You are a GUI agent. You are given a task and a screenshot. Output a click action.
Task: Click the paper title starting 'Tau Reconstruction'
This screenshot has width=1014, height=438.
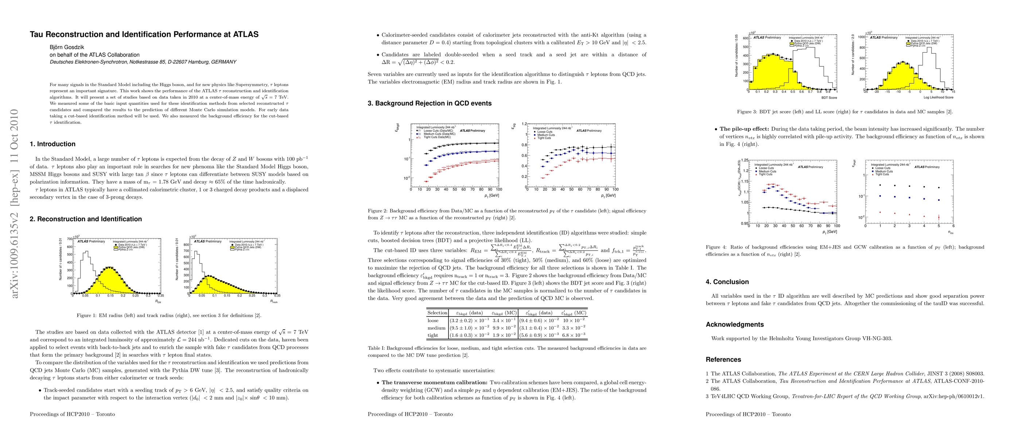coord(144,34)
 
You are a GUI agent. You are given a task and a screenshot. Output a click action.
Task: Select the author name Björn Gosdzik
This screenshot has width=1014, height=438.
coord(67,47)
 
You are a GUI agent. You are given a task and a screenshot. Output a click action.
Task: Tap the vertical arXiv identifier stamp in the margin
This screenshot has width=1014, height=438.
coord(15,203)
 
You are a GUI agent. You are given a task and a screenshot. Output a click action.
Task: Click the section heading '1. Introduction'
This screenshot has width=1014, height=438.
coord(53,144)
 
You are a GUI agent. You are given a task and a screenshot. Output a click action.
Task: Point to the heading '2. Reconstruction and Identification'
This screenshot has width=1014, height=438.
coord(85,219)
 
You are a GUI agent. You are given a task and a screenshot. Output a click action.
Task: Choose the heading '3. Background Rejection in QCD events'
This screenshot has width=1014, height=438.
coord(430,103)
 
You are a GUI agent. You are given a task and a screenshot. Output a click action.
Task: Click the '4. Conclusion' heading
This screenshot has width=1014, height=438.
coord(727,282)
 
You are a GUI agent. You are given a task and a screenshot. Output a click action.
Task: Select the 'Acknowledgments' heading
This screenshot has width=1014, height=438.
coord(734,324)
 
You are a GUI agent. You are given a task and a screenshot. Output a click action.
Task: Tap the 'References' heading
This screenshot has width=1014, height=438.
coord(723,360)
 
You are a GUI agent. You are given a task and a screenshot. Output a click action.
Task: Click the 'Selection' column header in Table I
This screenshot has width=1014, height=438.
coord(437,313)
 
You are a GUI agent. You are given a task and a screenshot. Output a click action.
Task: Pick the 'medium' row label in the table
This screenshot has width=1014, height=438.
coord(436,328)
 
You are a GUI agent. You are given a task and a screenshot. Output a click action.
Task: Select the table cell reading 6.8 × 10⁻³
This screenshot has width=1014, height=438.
coord(574,335)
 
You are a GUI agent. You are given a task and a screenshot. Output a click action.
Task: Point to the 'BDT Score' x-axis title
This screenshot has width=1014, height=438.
coord(829,97)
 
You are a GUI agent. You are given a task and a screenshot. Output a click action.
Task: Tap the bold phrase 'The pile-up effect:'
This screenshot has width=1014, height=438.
coord(744,129)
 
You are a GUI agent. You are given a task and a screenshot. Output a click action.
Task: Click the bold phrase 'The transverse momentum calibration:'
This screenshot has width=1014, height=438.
coord(435,383)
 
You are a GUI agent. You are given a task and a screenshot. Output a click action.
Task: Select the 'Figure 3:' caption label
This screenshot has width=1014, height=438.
coord(747,112)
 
